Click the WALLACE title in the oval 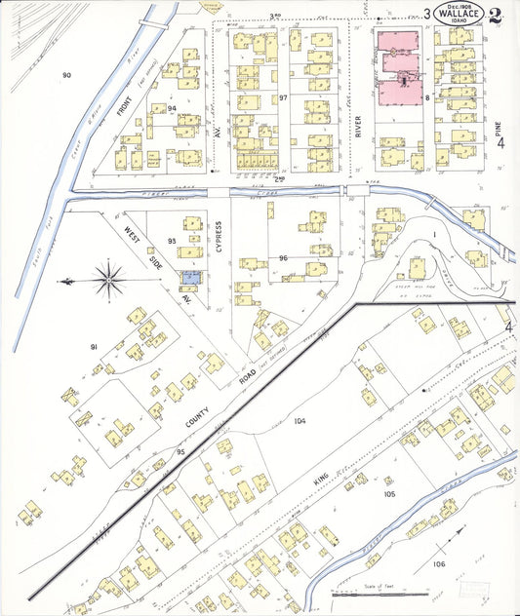click(458, 14)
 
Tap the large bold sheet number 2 click(496, 15)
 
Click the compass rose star click(109, 279)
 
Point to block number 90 click(66, 75)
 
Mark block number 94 click(172, 108)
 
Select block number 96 click(283, 258)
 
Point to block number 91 click(95, 348)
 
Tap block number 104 click(299, 421)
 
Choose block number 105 click(389, 494)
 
